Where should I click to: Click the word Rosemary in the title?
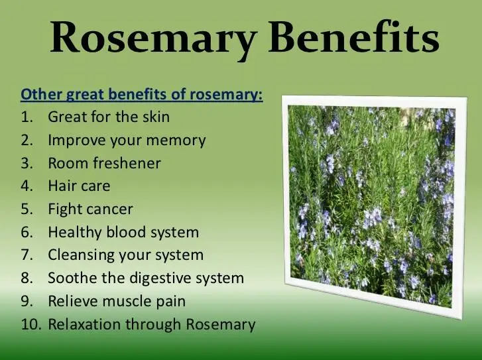pyautogui.click(x=152, y=39)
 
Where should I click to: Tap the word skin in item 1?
pyautogui.click(x=156, y=117)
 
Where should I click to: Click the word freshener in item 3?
pyautogui.click(x=127, y=162)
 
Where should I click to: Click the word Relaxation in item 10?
pyautogui.click(x=84, y=324)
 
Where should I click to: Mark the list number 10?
pyautogui.click(x=30, y=324)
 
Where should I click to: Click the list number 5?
pyautogui.click(x=27, y=209)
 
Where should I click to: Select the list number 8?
pyautogui.click(x=27, y=278)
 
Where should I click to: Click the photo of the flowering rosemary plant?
pyautogui.click(x=373, y=206)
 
